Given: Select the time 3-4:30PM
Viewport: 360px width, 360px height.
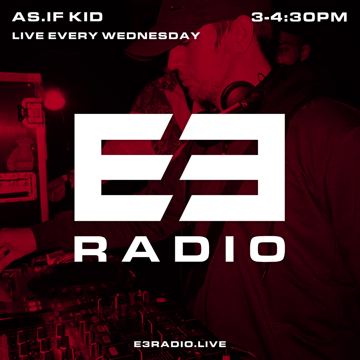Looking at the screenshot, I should pos(299,17).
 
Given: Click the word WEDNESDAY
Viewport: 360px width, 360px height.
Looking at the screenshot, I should pos(151,36).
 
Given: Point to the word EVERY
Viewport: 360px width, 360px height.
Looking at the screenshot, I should pos(73,36).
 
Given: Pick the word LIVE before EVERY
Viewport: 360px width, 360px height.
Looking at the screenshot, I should pos(28,36).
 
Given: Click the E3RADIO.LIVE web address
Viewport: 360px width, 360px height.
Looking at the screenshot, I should pos(180,344).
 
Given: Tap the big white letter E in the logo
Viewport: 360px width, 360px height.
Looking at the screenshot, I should pos(120,167).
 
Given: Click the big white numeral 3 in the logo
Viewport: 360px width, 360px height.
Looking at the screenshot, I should pos(237,167).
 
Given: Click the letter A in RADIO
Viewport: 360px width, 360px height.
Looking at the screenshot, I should pos(141,249).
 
